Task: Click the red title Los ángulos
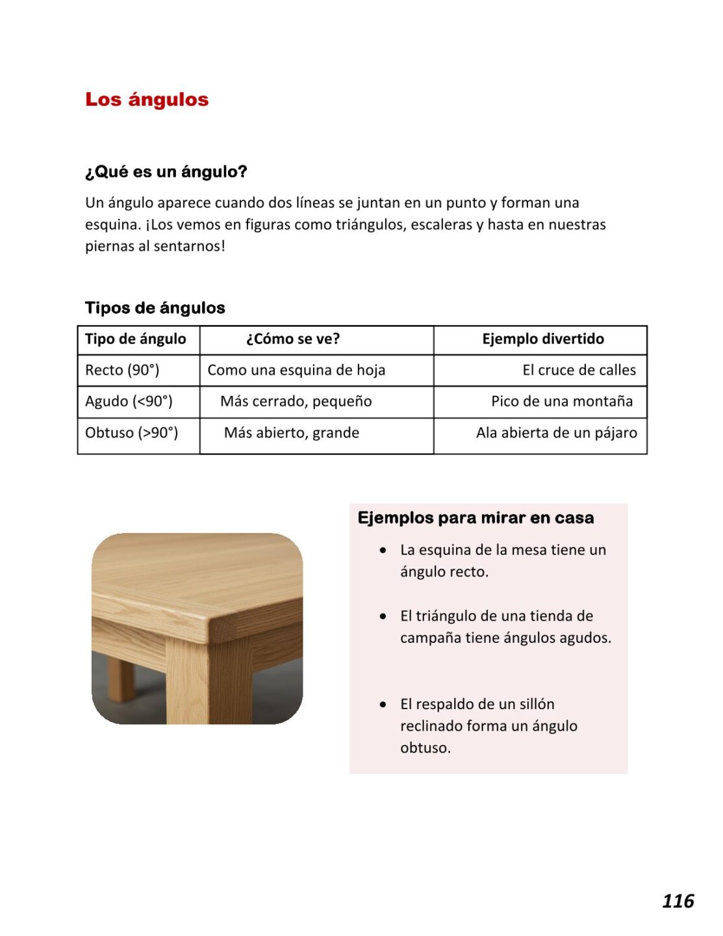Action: tap(147, 99)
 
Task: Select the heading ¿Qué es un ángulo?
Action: tap(166, 172)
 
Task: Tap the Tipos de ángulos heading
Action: tap(155, 307)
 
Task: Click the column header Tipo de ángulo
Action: tap(135, 339)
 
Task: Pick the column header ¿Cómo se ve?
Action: tap(292, 339)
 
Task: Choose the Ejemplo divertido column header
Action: tap(542, 339)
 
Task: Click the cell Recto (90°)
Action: tap(122, 370)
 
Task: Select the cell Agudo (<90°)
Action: tap(129, 401)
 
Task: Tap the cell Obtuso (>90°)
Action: tap(131, 432)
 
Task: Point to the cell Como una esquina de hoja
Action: tap(296, 370)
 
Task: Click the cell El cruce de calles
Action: tap(579, 370)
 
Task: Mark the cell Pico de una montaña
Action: tap(561, 401)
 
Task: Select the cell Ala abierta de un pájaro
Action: tap(556, 432)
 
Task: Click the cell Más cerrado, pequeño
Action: tap(296, 401)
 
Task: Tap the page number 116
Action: tap(678, 901)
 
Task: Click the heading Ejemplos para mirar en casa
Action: tap(476, 518)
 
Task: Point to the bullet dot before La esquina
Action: tap(383, 551)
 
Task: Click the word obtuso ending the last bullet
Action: tap(425, 747)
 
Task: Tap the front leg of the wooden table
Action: tap(188, 682)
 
